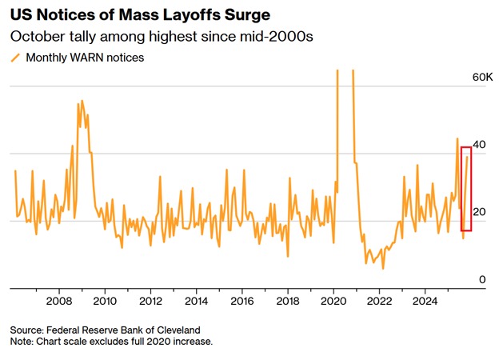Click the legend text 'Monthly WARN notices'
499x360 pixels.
click(85, 58)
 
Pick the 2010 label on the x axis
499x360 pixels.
click(105, 302)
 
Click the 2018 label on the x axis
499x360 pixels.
click(288, 302)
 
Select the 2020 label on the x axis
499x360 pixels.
click(333, 302)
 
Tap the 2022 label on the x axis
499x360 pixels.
click(379, 302)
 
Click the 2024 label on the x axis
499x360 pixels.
click(425, 302)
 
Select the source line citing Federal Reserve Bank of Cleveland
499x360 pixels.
click(105, 330)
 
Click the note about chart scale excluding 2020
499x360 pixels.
click(111, 342)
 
